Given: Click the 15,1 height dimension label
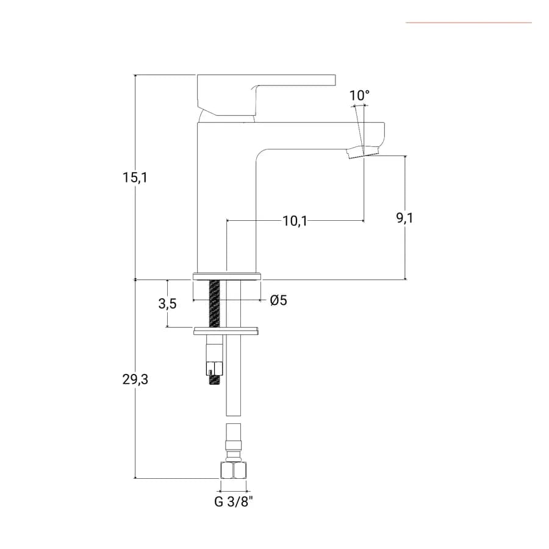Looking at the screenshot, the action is point(135,178).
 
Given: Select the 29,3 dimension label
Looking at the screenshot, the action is point(135,379).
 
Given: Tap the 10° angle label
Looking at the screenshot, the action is point(359,95).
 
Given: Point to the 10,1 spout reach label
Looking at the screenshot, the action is point(295,221).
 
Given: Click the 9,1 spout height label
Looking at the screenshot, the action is point(405,218).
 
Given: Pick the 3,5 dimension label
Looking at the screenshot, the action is point(167,304).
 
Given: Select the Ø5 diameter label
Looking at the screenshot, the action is point(279,300).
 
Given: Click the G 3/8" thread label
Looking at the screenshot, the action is point(233,502).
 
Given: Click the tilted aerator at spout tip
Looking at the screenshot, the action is point(363,153).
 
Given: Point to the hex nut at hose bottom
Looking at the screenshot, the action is point(234,470).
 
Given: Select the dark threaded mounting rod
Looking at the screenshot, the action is point(214,304).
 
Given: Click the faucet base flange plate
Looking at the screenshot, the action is point(228,276).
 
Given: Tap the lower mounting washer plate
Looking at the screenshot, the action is point(226,331).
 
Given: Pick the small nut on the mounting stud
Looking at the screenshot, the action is point(214,368).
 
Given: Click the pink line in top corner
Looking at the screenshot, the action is point(469,23).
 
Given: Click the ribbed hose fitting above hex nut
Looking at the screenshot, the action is point(234,443).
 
